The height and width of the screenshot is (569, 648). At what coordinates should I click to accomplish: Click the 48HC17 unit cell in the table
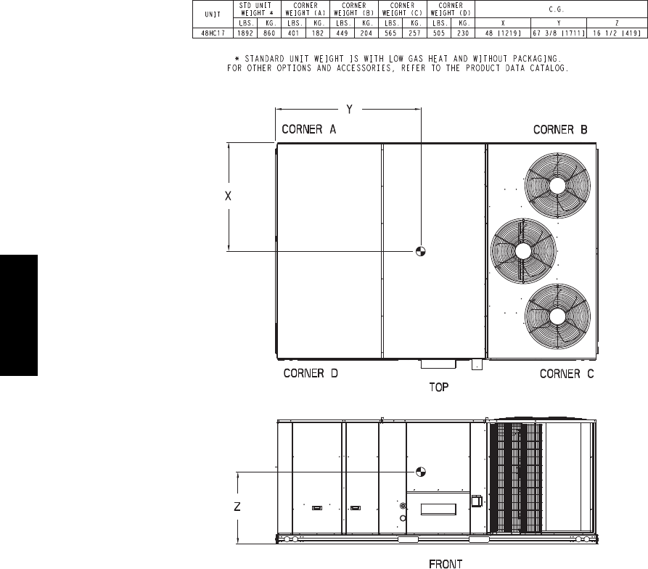pyautogui.click(x=213, y=33)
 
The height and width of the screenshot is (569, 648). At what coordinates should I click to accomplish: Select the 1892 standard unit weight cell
pyautogui.click(x=245, y=33)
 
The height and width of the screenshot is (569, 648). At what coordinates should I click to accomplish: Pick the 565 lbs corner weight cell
pyautogui.click(x=390, y=33)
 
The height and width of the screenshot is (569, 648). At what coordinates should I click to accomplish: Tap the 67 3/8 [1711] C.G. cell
pyautogui.click(x=559, y=33)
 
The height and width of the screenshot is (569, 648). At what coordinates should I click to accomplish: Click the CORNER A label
pyautogui.click(x=308, y=129)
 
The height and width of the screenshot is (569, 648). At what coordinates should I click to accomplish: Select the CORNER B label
pyautogui.click(x=560, y=130)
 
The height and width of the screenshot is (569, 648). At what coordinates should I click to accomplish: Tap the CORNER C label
pyautogui.click(x=567, y=374)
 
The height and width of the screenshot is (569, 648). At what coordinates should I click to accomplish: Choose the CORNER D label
pyautogui.click(x=311, y=374)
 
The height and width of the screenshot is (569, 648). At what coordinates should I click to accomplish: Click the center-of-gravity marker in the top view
pyautogui.click(x=420, y=251)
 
